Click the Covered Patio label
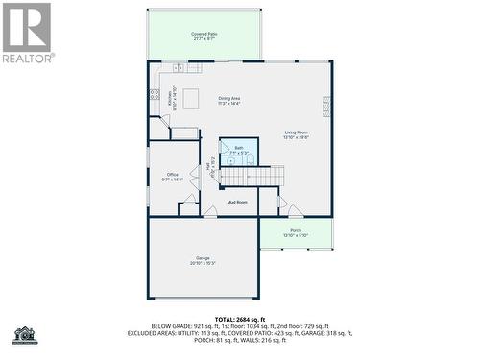(x=204, y=36)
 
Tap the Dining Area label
(x=228, y=100)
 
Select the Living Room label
(x=296, y=134)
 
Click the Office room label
(x=173, y=177)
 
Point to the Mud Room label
(x=237, y=202)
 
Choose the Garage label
(x=203, y=260)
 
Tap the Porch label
(x=296, y=233)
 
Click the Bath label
(x=239, y=150)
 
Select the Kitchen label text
(x=172, y=98)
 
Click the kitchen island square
(x=192, y=97)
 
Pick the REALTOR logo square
(x=26, y=27)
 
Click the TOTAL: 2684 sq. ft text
(x=240, y=319)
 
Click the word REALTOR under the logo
(x=28, y=58)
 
